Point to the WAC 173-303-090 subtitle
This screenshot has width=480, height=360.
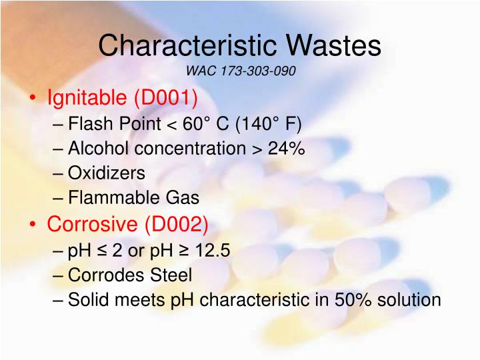[240, 71]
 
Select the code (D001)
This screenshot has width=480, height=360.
[166, 99]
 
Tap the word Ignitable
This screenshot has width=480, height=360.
[87, 99]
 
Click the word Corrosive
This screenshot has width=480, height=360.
[93, 224]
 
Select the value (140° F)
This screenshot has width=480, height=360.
[266, 124]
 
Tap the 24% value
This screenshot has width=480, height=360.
[287, 149]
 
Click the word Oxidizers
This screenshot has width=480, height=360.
[107, 173]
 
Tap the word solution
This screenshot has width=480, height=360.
[409, 299]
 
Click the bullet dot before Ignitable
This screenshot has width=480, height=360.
[33, 99]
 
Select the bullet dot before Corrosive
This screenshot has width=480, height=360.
[33, 225]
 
